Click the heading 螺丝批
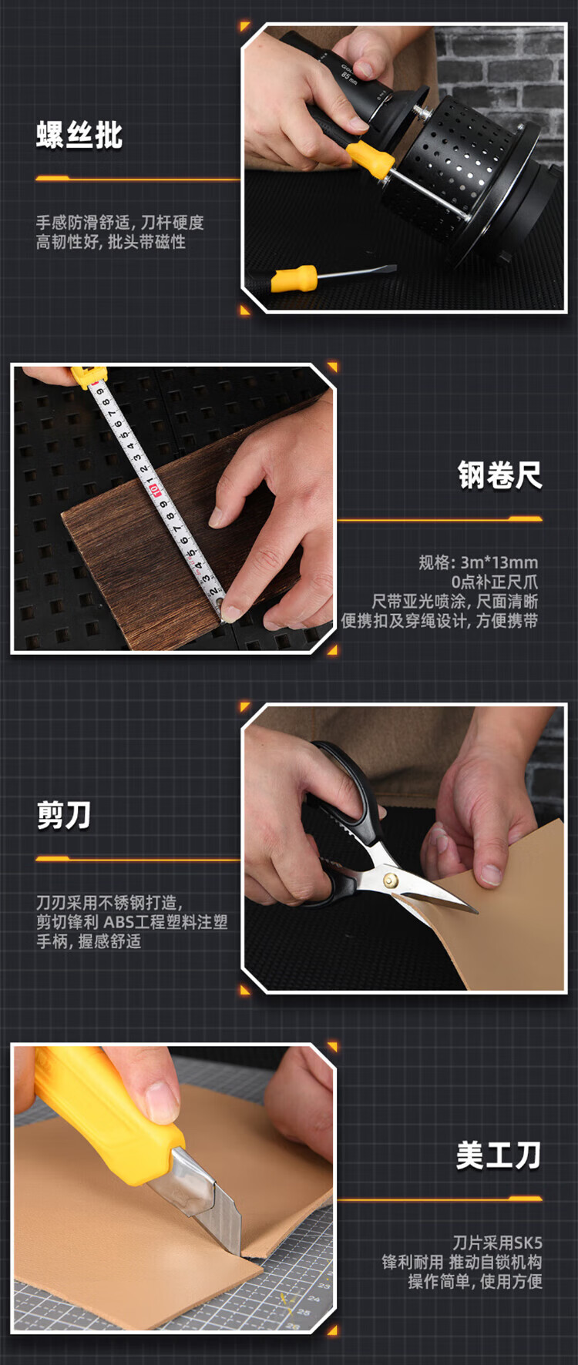(x=79, y=135)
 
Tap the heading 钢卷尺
(x=500, y=475)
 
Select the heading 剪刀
(x=64, y=815)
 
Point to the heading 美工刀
(x=499, y=1155)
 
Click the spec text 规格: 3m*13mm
(x=479, y=562)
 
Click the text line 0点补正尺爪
(x=495, y=582)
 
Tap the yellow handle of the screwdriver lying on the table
(x=294, y=278)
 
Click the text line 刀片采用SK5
(x=497, y=1243)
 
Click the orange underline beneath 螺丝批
(x=138, y=179)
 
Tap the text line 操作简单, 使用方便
(x=476, y=1281)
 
